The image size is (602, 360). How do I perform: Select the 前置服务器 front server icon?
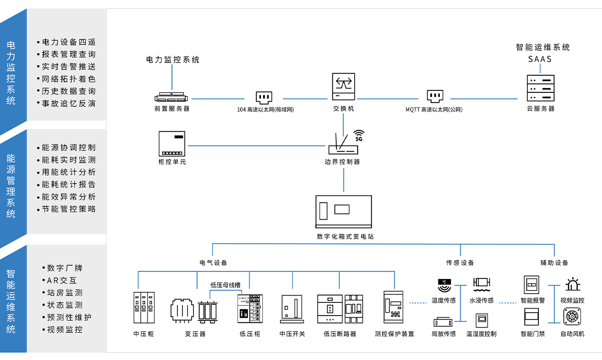(172, 97)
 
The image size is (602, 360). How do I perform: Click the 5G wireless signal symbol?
(359, 135)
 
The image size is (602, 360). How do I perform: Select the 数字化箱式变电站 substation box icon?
(344, 212)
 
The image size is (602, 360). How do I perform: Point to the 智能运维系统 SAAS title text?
(542, 53)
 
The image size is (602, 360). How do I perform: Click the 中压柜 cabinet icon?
(144, 308)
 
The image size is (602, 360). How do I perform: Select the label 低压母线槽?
(225, 285)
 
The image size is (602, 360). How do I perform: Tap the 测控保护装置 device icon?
(394, 307)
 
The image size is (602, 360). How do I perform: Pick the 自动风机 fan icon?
(572, 317)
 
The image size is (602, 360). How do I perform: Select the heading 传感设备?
(460, 263)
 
